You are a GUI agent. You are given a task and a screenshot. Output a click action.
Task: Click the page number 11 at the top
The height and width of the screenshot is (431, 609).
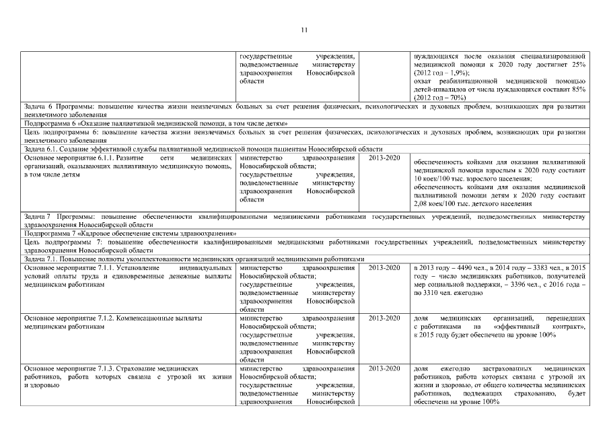pyautogui.click(x=304, y=30)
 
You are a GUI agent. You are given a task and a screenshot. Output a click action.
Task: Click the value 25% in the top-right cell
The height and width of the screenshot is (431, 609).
pyautogui.click(x=579, y=64)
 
